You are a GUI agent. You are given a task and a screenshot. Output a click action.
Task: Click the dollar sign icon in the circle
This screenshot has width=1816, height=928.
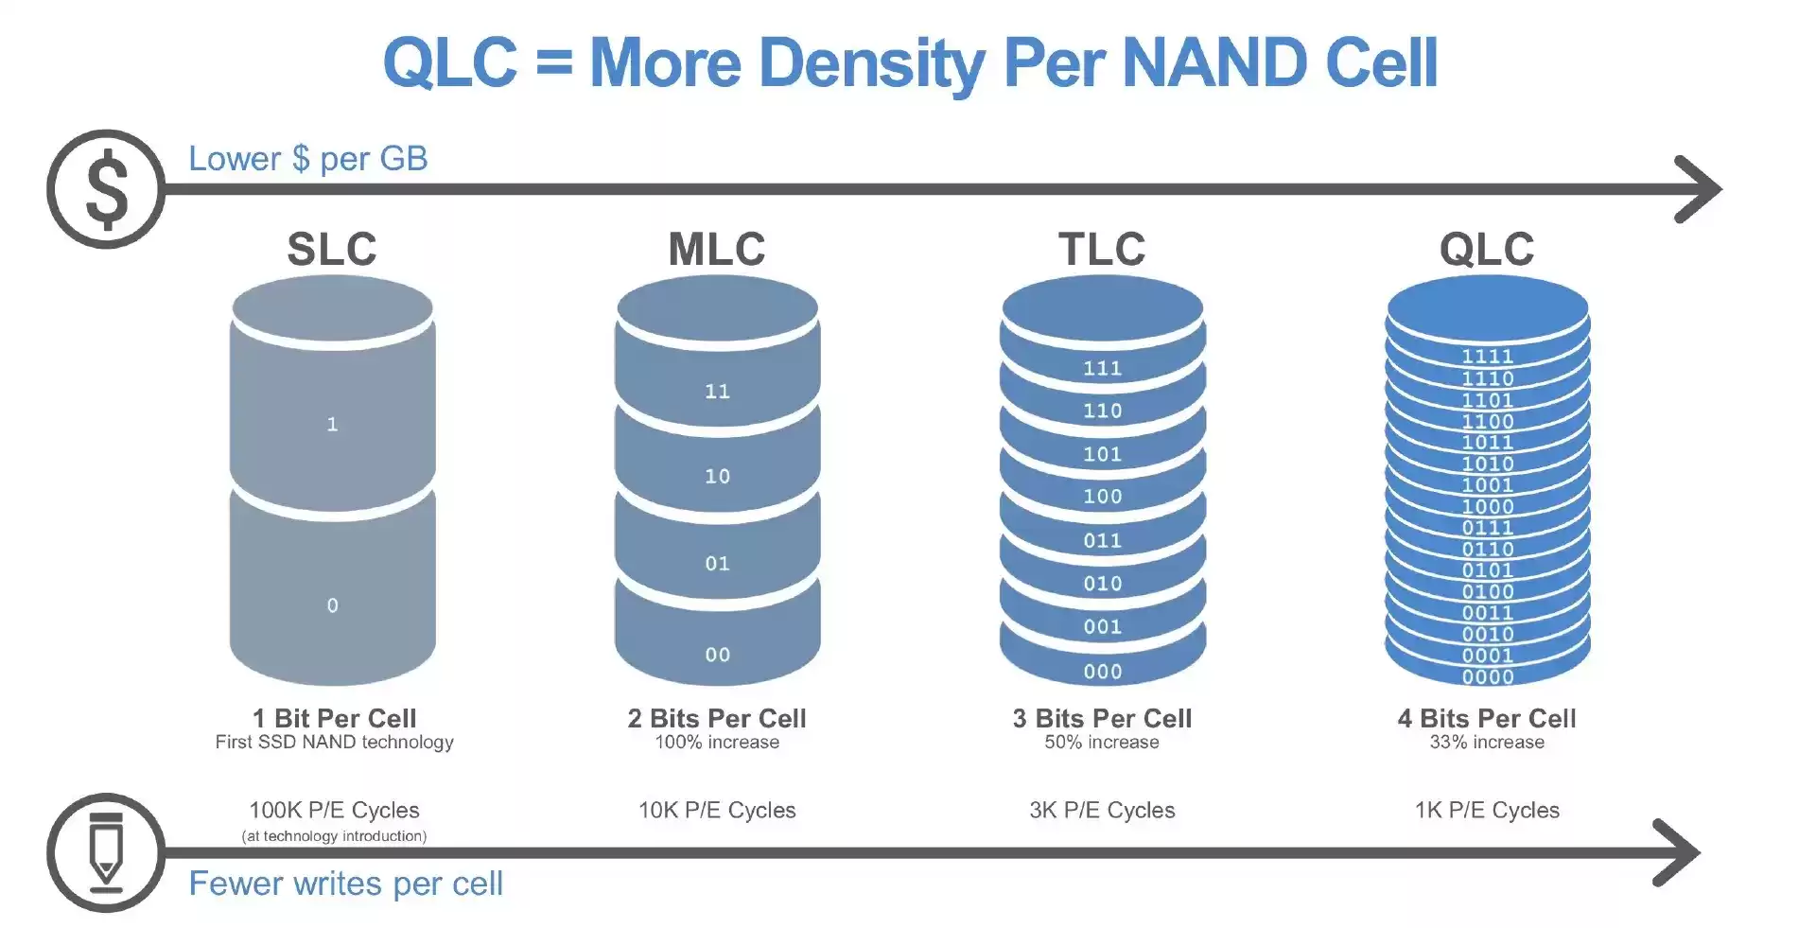[x=106, y=189]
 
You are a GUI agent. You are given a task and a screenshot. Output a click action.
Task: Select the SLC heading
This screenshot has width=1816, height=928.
[x=332, y=249]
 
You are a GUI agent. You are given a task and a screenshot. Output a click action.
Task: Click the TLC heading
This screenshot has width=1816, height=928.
[x=1102, y=249]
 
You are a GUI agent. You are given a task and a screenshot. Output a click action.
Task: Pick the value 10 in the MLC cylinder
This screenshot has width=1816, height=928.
[x=717, y=476]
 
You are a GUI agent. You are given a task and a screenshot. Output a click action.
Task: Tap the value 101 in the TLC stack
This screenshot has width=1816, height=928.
[x=1102, y=454]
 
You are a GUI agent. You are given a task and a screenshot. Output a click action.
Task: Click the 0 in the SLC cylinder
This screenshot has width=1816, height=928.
[x=332, y=605]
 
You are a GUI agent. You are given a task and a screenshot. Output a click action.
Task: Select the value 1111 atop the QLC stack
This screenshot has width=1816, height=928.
[x=1487, y=357]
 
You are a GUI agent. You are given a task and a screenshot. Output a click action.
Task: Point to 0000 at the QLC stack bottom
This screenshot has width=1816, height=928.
[x=1487, y=676]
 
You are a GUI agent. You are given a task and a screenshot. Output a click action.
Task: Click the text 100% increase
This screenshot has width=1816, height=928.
[x=717, y=743]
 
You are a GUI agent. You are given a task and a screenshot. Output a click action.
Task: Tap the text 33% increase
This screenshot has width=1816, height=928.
[x=1487, y=743]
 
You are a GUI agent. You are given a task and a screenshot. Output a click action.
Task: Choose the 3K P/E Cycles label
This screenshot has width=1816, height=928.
[x=1102, y=810]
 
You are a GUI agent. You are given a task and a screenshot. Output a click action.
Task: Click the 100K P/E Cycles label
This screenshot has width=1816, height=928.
[x=334, y=810]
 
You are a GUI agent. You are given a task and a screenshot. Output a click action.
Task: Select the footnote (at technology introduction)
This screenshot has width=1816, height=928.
[x=334, y=836]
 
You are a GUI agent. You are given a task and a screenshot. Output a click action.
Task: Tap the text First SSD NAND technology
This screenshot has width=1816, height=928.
[x=334, y=743]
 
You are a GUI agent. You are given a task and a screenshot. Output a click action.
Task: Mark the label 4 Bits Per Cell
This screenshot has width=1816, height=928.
[x=1487, y=718]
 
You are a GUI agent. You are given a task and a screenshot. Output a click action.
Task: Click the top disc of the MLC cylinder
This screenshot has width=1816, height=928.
[x=717, y=308]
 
